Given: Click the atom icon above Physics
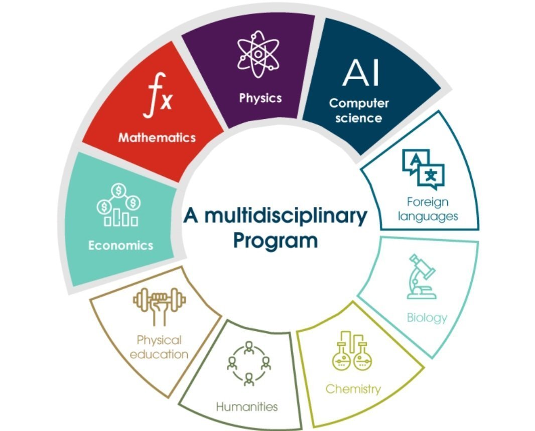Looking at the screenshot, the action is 258,54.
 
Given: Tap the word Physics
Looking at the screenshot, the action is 260,98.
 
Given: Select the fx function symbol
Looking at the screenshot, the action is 158,96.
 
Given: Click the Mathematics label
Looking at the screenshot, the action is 157,138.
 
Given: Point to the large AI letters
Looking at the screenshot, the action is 361,73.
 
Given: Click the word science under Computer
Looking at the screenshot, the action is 359,118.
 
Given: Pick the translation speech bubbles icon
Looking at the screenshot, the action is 424,169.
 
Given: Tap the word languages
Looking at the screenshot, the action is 428,217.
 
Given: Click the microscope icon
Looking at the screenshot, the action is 422,276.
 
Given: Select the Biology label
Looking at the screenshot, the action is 427,318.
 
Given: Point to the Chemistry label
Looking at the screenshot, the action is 353,389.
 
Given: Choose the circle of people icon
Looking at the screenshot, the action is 249,363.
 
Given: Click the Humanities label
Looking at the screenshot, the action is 247,407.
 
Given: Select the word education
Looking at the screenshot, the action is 159,354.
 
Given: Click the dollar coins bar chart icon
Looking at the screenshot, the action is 118,205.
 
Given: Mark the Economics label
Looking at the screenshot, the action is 121,245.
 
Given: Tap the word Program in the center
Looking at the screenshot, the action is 276,241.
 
